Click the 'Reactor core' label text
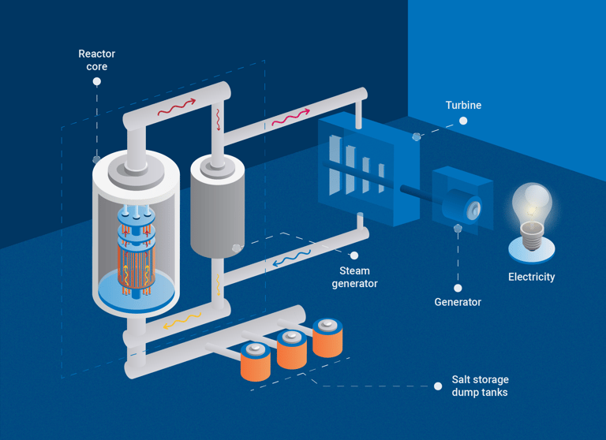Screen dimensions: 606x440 [x=96, y=60]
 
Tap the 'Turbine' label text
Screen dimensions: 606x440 [x=463, y=105]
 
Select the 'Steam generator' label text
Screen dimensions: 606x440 [x=354, y=277]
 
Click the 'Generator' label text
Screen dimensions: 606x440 [x=458, y=302]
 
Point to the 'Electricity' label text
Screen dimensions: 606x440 [x=531, y=277]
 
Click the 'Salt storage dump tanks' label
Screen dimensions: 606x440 [x=480, y=386]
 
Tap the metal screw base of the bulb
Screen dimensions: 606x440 [x=532, y=237]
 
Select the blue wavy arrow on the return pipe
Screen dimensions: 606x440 [x=292, y=259]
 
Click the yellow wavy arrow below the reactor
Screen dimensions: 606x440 [x=182, y=321]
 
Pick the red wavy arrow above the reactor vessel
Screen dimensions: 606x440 [x=177, y=107]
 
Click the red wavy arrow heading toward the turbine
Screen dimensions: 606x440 [x=290, y=117]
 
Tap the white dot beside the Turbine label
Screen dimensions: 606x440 [x=463, y=121]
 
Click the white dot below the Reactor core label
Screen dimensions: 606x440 [x=97, y=81]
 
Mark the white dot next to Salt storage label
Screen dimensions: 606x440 [x=438, y=386]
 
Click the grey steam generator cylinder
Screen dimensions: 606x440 [x=218, y=207]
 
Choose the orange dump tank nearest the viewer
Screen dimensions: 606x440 [x=256, y=362]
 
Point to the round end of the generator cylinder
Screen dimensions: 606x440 [x=473, y=209]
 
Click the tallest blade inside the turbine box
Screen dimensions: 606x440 [x=335, y=165]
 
